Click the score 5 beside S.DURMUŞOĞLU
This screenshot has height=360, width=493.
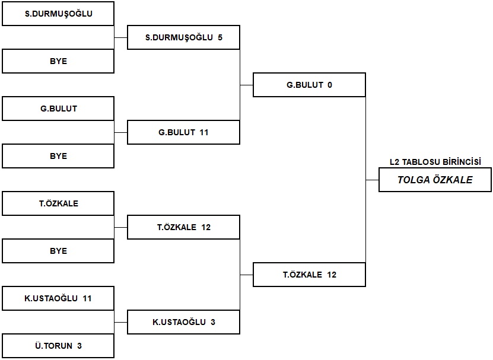[x=220, y=37]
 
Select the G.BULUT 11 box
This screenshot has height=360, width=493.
[x=184, y=132]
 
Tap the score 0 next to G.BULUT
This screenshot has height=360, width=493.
[x=329, y=85]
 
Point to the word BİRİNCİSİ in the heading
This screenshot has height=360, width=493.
[x=462, y=162]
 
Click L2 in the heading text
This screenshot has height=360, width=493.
[x=395, y=162]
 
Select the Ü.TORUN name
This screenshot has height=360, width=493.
[x=54, y=346]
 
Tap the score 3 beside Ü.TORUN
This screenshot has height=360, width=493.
[x=79, y=346]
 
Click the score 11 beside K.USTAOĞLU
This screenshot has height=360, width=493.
[x=87, y=298]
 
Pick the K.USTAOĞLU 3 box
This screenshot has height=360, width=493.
[x=184, y=322]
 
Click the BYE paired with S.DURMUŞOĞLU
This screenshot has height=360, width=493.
[x=58, y=61]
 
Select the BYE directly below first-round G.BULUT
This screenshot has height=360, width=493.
[x=58, y=156]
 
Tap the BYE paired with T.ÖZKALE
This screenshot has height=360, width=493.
[x=58, y=251]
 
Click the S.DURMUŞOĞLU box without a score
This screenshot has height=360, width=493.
[x=58, y=14]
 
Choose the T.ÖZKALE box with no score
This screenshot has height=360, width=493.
[x=58, y=203]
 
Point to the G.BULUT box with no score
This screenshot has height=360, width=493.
[x=58, y=109]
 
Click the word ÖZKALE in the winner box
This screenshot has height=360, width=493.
[x=453, y=180]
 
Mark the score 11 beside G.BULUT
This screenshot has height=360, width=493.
[x=204, y=132]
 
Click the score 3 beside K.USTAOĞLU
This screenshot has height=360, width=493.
[x=213, y=322]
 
